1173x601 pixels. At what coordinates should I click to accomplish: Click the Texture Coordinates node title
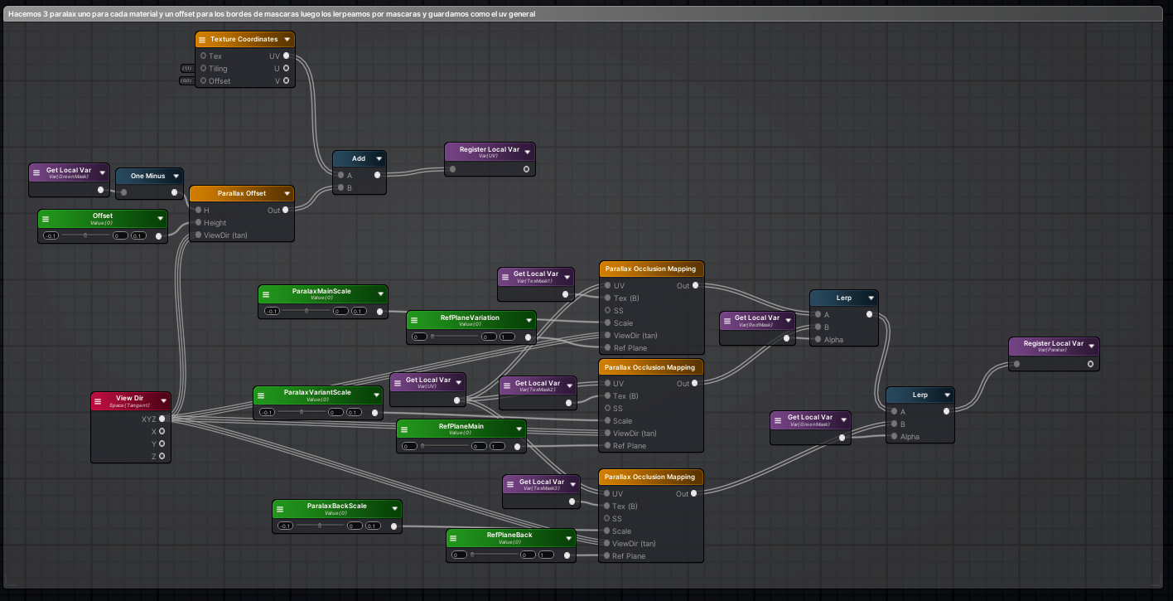tap(244, 39)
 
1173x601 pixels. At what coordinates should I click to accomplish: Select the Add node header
tap(358, 158)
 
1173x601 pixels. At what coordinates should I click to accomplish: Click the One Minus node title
tap(147, 176)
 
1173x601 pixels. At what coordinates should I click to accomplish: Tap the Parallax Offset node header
tap(241, 193)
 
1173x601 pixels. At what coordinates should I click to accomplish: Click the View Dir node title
tap(129, 399)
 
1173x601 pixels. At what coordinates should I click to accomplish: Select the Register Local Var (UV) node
tap(489, 152)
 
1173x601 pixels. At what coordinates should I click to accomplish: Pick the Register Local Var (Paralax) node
tap(1053, 346)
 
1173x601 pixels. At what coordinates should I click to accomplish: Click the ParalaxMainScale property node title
tap(321, 292)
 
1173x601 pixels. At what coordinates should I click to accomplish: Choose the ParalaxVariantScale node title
tap(317, 392)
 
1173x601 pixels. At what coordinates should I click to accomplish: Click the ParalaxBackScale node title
tap(336, 506)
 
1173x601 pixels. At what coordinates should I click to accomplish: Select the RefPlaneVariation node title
tap(470, 317)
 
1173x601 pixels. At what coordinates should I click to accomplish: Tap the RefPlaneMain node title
tap(461, 426)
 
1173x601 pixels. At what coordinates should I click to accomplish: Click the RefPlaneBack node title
tap(509, 536)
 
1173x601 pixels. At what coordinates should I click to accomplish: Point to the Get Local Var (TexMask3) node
tap(541, 484)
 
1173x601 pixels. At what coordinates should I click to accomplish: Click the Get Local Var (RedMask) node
tap(756, 320)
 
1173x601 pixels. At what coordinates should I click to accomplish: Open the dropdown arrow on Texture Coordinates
tap(287, 39)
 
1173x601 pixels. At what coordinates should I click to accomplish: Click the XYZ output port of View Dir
tap(162, 419)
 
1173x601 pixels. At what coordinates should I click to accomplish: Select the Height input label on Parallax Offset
tap(215, 222)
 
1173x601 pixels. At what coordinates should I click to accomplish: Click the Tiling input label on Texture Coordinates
tap(217, 68)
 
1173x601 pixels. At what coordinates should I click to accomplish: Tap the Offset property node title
tap(103, 216)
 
